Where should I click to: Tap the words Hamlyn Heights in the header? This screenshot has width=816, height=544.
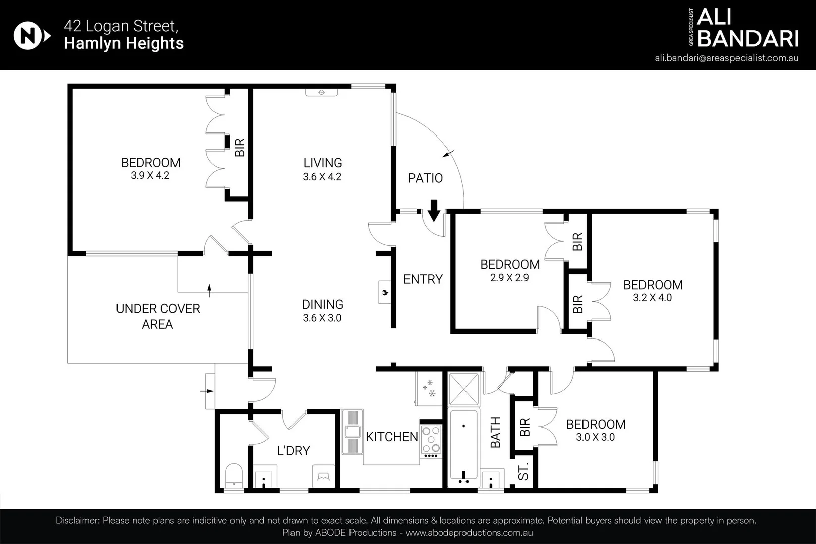(124, 43)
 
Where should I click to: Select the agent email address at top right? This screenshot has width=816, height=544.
(726, 58)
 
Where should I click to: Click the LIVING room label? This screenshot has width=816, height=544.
(323, 162)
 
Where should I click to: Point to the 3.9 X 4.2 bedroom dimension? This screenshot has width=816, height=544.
(150, 176)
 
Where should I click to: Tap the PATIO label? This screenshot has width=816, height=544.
(425, 178)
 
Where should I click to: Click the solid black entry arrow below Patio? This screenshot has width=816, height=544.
(434, 211)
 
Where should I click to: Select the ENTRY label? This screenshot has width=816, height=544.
(423, 279)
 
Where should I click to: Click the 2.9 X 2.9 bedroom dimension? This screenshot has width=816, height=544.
(509, 278)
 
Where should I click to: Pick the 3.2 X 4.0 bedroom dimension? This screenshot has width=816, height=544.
(653, 298)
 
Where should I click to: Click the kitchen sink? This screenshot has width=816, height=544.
(352, 432)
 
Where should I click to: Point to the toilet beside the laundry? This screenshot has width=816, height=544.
(234, 475)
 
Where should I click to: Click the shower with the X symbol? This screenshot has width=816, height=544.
(463, 389)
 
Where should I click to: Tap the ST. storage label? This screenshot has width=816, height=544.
(523, 471)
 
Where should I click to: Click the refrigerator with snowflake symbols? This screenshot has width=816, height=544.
(429, 389)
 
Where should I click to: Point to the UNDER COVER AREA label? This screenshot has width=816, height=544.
(158, 316)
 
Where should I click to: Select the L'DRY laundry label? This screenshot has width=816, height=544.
(293, 451)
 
